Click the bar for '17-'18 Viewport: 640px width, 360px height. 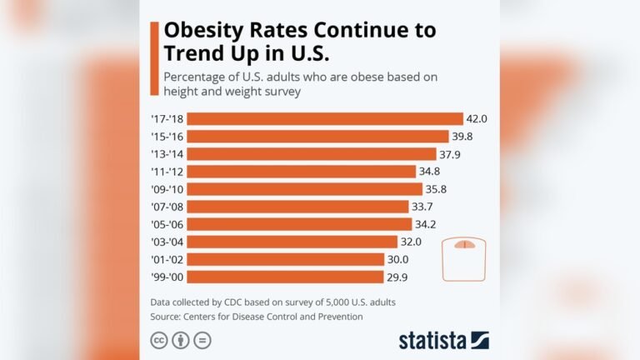point(326,118)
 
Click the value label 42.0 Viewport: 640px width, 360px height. point(477,118)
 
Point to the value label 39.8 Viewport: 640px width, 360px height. point(462,136)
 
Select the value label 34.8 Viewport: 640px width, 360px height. point(430,171)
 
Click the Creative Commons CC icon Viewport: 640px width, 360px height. point(157,340)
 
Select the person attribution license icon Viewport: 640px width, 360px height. point(180,340)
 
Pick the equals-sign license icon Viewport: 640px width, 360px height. point(202,340)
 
